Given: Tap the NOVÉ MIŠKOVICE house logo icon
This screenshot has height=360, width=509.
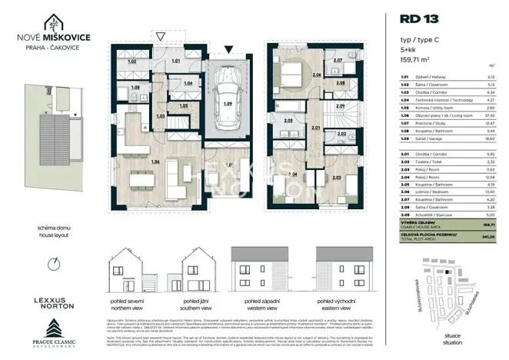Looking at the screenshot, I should [55, 25].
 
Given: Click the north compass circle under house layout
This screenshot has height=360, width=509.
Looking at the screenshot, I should [52, 264].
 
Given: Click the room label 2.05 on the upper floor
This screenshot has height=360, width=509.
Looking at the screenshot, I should [288, 121].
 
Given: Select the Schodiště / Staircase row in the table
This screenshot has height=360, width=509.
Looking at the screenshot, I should [446, 216].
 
